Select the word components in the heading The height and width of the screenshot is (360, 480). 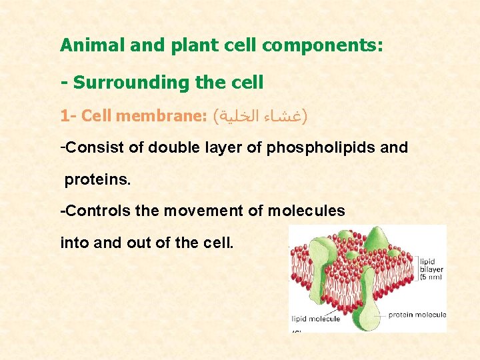323,45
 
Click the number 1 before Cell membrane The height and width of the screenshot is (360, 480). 64,117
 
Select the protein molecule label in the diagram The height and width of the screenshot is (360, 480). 417,315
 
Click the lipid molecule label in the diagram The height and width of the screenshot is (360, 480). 316,319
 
